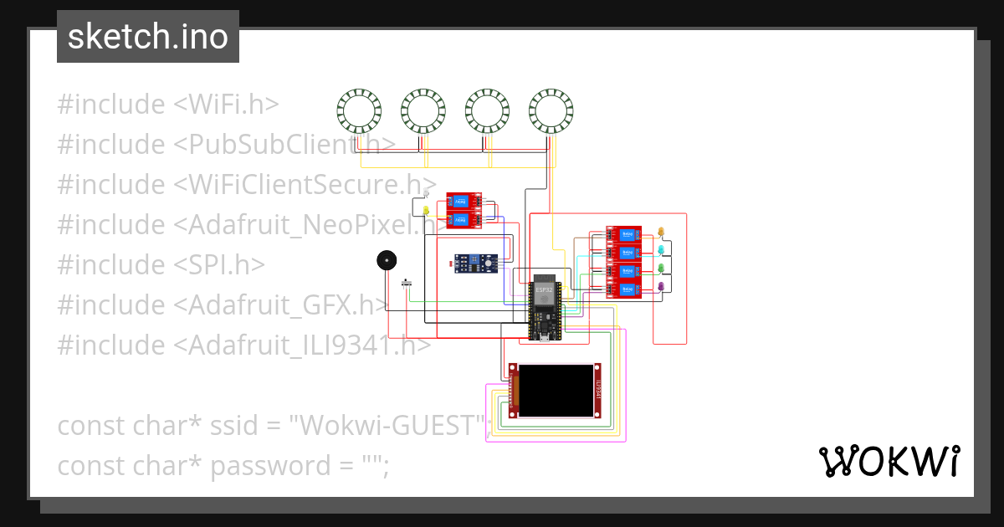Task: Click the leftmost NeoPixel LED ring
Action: [359, 111]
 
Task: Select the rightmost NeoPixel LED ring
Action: [551, 111]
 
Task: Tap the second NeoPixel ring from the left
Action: [423, 111]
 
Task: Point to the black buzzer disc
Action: [385, 261]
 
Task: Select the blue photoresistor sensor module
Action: [474, 263]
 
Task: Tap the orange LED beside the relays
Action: [661, 232]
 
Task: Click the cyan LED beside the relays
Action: [661, 250]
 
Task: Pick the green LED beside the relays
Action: [661, 269]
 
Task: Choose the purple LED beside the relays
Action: [661, 287]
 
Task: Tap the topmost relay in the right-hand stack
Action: [623, 234]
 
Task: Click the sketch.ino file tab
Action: [148, 37]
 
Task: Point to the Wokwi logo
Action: [889, 461]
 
